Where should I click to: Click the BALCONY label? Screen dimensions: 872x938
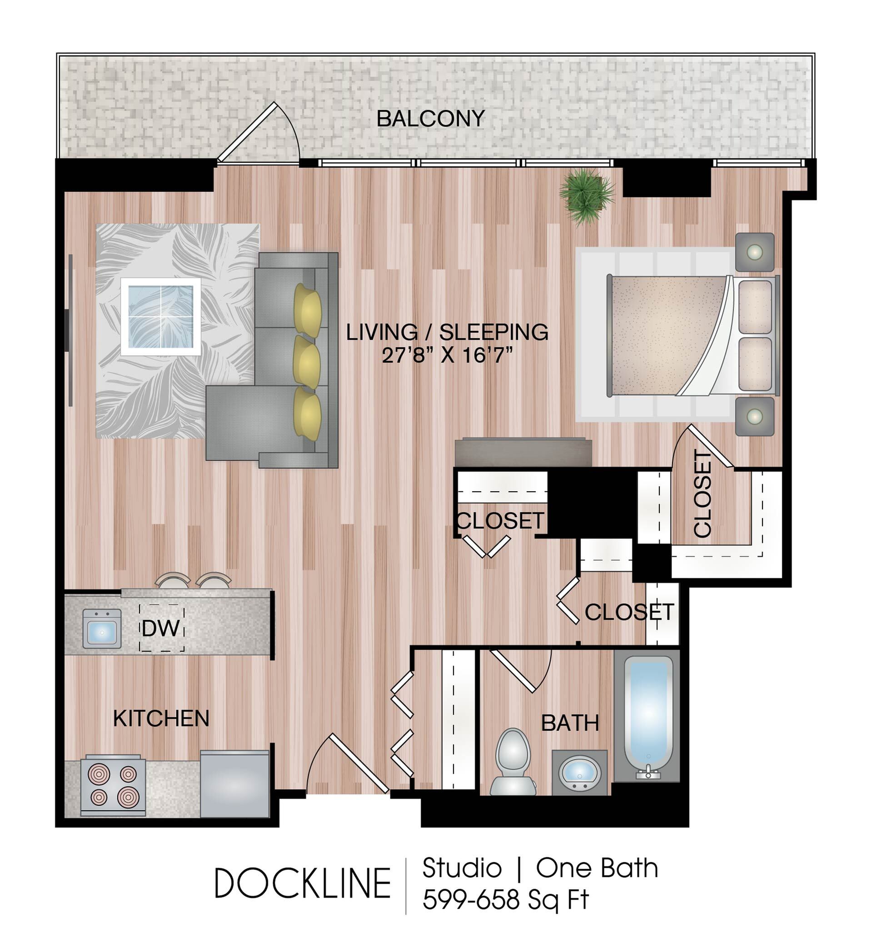[x=430, y=119]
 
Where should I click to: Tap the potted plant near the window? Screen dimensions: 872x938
[x=587, y=196]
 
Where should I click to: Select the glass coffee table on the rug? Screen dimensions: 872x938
[x=161, y=317]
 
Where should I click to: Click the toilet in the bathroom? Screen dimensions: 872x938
[x=513, y=762]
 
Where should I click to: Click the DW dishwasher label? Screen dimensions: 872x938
[x=161, y=629]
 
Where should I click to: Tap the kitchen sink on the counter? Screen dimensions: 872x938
[x=102, y=629]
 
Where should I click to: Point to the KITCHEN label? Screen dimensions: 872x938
[x=161, y=718]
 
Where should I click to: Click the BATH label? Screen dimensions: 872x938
[x=570, y=723]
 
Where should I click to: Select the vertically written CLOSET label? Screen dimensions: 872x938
[x=703, y=494]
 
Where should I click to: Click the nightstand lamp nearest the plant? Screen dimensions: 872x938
[x=755, y=252]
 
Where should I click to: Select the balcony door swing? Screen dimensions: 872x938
[x=259, y=133]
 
